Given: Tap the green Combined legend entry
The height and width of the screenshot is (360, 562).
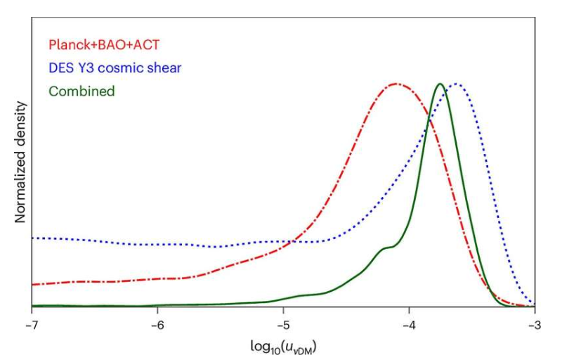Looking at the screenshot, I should (81, 91).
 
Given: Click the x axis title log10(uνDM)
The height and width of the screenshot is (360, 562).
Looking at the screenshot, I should (283, 347).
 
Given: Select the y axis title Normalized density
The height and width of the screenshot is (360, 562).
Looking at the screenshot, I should (20, 162).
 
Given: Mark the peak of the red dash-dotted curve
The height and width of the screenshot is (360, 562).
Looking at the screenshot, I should (397, 84).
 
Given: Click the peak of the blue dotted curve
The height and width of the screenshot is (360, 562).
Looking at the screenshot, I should (457, 84).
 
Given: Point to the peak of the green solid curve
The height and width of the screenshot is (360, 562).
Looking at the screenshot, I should (440, 84).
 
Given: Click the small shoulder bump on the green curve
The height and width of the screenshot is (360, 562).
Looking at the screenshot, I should (385, 247).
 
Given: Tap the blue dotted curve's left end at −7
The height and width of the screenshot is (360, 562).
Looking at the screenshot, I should (33, 238).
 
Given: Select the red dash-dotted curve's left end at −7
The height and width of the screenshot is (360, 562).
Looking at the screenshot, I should (33, 284).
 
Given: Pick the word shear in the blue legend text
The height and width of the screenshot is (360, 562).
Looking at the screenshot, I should (165, 69).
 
